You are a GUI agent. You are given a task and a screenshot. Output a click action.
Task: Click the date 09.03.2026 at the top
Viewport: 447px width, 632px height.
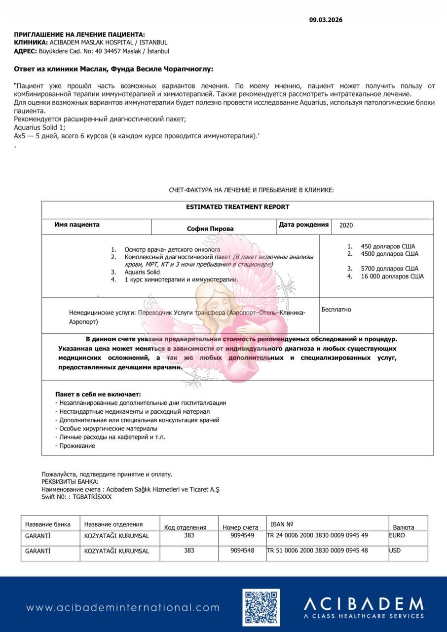[326, 20]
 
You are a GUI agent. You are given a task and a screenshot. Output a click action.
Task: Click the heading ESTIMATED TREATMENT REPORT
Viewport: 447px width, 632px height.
[237, 207]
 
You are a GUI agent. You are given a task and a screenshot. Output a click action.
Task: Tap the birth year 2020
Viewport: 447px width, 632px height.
[346, 225]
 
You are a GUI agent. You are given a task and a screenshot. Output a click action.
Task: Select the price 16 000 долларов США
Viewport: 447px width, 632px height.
[392, 276]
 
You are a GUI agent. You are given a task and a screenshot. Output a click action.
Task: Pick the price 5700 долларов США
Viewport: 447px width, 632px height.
[386, 269]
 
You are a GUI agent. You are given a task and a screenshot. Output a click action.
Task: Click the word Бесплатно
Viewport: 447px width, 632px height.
[336, 310]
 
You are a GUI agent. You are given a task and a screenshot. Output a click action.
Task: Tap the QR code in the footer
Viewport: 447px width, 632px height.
[261, 607]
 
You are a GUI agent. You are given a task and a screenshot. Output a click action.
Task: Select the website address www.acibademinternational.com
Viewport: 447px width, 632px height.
[123, 608]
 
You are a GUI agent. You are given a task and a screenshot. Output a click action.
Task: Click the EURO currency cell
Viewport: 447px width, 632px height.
[397, 535]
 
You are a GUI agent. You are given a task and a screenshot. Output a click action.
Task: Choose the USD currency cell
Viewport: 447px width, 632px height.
[395, 550]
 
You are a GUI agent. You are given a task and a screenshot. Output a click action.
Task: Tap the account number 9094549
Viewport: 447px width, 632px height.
[242, 535]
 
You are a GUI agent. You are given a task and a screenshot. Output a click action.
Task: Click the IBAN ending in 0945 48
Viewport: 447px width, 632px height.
[317, 550]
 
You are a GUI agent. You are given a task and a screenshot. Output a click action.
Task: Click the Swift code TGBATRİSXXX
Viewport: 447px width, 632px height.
[92, 497]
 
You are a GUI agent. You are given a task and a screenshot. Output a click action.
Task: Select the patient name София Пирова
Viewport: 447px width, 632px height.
[210, 229]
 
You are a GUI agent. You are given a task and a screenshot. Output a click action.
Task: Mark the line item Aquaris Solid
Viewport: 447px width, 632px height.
[142, 272]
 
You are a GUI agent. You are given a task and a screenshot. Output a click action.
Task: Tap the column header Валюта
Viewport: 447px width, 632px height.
[403, 527]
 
